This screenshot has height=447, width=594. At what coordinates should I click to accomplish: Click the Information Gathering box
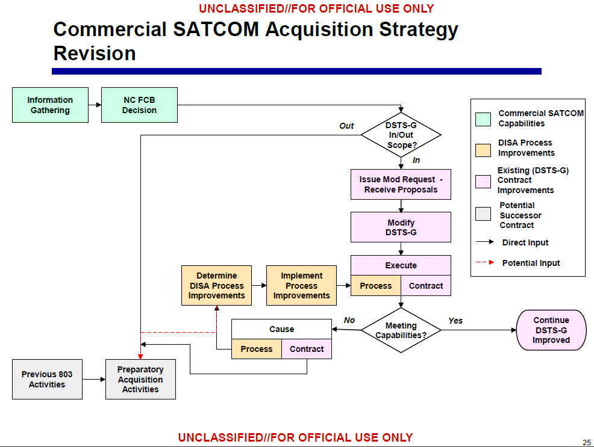(50, 105)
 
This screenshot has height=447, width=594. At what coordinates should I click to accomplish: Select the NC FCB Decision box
(139, 105)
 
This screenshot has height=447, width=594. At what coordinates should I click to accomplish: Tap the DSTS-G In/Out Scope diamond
(401, 135)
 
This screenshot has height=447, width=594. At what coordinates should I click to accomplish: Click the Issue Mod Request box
(401, 184)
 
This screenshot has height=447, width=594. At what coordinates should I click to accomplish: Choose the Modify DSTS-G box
(401, 227)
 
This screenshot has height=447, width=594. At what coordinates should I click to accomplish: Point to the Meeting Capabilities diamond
(401, 330)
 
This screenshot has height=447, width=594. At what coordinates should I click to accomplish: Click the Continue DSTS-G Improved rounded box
(551, 330)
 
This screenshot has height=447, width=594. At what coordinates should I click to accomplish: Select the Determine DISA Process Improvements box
(216, 286)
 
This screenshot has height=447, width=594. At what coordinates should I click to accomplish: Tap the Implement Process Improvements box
(301, 286)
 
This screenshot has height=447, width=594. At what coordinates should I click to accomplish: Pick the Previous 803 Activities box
(47, 379)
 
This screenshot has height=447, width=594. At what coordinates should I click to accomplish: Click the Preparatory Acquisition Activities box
(140, 379)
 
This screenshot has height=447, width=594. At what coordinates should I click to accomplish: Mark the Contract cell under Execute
(426, 286)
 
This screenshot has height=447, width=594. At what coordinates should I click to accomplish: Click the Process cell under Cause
(257, 349)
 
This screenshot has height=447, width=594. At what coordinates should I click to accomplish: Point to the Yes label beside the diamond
(455, 321)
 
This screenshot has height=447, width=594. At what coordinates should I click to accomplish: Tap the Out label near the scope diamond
(346, 126)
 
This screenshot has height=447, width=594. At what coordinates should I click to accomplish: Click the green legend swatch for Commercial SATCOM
(483, 119)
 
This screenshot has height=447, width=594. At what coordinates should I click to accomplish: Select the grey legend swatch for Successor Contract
(483, 214)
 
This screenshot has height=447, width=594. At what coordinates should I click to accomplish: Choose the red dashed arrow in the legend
(486, 263)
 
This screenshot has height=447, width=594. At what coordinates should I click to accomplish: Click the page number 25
(586, 443)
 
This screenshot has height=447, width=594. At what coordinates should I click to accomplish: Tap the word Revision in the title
(95, 54)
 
